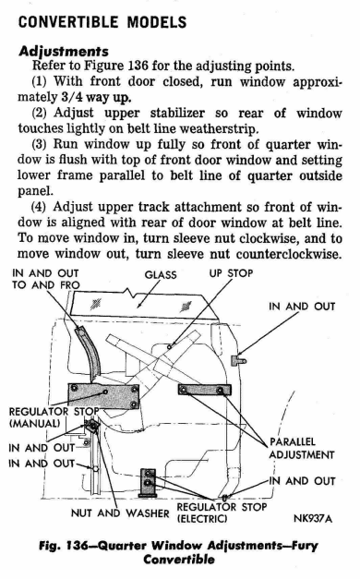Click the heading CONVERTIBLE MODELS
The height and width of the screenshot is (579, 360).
[x=102, y=22]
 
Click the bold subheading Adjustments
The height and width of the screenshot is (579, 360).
[x=64, y=51]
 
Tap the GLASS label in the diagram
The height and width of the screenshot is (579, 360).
[x=161, y=275]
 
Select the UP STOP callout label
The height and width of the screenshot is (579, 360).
[x=231, y=273]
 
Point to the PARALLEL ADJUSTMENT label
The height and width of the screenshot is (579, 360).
[x=302, y=448]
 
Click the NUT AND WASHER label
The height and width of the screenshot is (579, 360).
[x=120, y=513]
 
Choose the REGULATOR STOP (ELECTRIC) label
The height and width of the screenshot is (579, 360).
[x=222, y=513]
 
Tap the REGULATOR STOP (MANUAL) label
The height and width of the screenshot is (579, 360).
[x=54, y=417]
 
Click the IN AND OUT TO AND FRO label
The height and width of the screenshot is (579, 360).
[x=45, y=279]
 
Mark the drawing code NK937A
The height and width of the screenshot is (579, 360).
[x=313, y=518]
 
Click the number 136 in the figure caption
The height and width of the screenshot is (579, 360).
[x=76, y=546]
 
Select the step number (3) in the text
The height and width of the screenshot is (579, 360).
[x=39, y=144]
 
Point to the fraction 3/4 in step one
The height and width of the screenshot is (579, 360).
[x=68, y=97]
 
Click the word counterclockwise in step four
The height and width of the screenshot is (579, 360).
[x=288, y=254]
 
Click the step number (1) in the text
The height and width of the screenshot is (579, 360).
[x=39, y=81]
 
